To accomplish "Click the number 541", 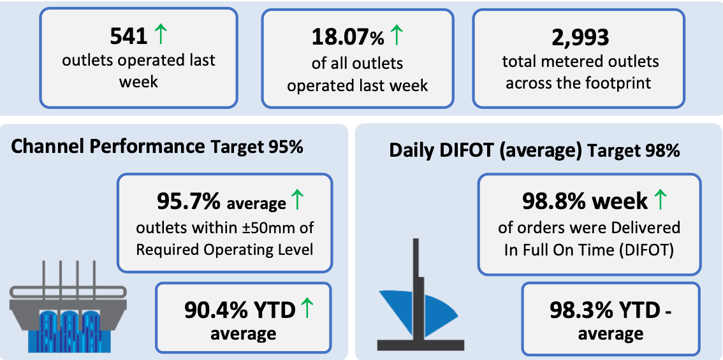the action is (129, 37).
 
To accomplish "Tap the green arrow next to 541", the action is (160, 36).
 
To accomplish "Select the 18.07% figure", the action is (347, 38).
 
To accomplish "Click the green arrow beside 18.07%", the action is (397, 36).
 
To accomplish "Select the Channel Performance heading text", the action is (107, 147).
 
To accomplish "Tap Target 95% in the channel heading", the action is (257, 147).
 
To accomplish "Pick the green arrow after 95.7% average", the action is (297, 200).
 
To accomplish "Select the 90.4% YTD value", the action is (240, 310).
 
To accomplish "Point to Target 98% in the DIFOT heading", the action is (634, 151).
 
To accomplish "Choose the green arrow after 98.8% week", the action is (661, 200).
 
